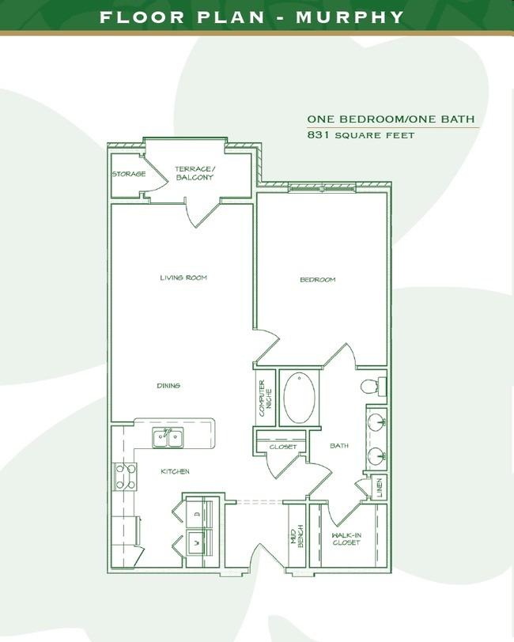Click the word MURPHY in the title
(x=350, y=17)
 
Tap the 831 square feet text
(x=361, y=135)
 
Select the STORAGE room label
(x=129, y=174)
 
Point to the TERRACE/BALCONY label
(x=195, y=173)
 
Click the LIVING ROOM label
(x=183, y=278)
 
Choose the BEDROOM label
(x=318, y=280)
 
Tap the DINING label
(x=168, y=386)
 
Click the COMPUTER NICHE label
(x=265, y=398)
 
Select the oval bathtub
(x=300, y=398)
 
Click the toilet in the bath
(x=373, y=386)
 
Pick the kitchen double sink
(x=168, y=438)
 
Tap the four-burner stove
(x=125, y=477)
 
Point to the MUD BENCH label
(x=297, y=536)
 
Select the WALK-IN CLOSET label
(x=346, y=539)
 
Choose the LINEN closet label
(x=380, y=487)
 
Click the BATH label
(x=339, y=445)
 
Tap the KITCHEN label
(x=175, y=472)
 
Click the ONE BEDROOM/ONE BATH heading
(x=391, y=119)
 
